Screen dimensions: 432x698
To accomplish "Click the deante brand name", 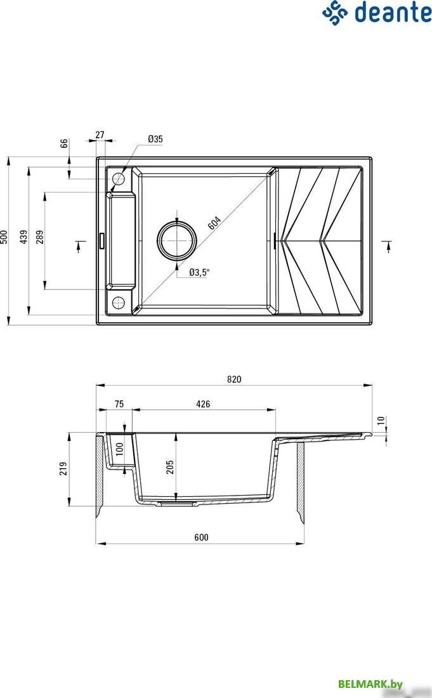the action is pos(393,12).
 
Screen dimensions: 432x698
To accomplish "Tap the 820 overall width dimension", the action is pos(234,379).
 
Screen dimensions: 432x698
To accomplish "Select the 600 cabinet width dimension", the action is pos(201,537).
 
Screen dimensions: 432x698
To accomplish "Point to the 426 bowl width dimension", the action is pos(203,404).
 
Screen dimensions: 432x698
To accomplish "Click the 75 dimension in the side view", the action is pos(119,404).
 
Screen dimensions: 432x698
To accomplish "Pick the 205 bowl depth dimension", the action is pos(170,467).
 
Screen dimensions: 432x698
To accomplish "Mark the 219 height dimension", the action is pos(63,468).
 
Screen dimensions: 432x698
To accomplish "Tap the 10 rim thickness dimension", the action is pos(381,420).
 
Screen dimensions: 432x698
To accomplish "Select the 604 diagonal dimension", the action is pos(214,223).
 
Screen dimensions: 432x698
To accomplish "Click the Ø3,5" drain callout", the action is pos(199,272).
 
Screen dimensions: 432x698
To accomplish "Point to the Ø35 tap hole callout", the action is pos(155,139).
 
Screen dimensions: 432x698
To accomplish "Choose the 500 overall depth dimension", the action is pos(4,237).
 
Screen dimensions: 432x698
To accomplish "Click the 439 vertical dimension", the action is pos(23,237).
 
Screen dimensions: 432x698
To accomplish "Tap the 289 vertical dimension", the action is pos(40,237).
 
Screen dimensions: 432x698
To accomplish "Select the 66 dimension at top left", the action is pos(64,143).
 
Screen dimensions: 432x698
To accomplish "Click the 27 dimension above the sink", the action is pos(100,135).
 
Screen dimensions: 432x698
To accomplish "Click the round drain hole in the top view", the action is pos(176,240).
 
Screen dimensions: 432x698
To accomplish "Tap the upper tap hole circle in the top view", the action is pos(119,179).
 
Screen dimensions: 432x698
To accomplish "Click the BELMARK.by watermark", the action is pos(370,684).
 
